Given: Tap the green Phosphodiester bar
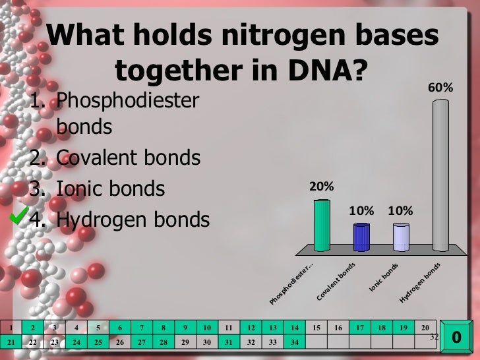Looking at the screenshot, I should point(322,225).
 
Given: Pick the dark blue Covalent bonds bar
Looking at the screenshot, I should point(361,237).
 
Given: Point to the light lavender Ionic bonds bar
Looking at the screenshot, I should point(401,237).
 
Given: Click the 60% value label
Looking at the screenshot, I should point(440,87).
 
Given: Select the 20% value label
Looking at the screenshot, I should point(321,187).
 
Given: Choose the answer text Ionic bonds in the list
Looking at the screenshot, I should point(110,189).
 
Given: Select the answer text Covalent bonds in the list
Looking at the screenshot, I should point(129,158).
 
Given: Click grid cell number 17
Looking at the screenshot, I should point(360,327).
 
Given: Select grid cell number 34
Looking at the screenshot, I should point(295,342).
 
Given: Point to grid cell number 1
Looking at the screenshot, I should point(11,327).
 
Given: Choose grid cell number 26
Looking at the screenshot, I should point(120,342).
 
